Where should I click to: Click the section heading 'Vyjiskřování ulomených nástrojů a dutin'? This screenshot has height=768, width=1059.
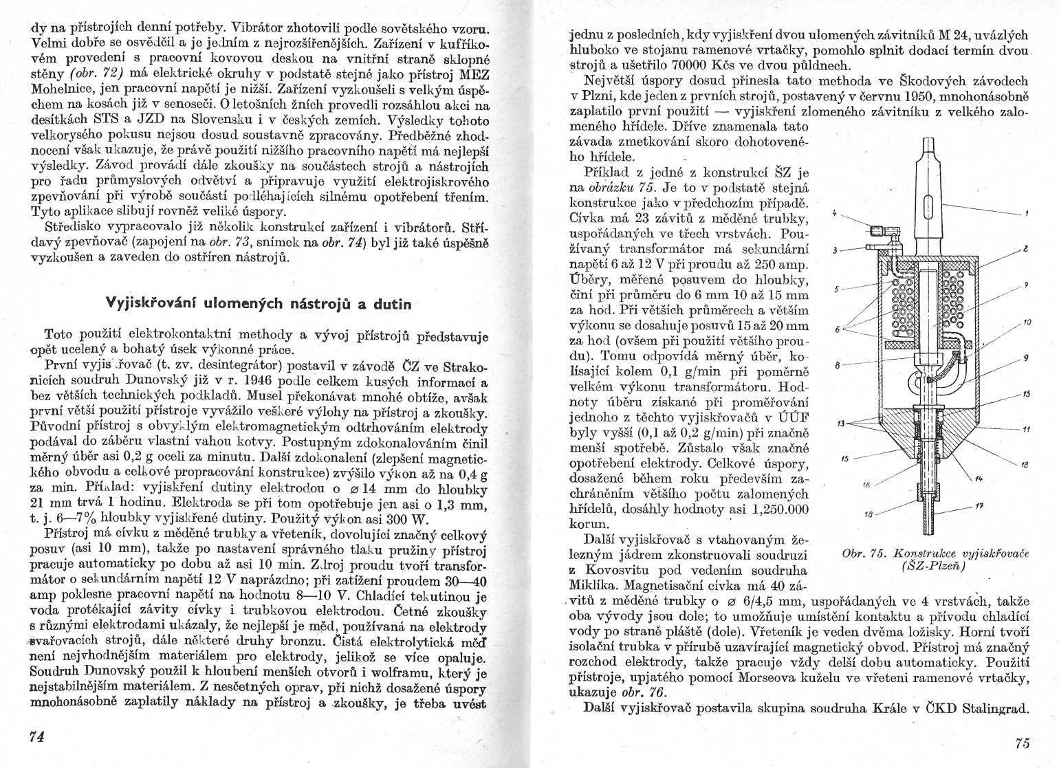[x=259, y=303]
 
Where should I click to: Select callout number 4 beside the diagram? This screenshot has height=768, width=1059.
[x=833, y=213]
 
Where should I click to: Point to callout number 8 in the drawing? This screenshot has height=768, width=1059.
[x=836, y=366]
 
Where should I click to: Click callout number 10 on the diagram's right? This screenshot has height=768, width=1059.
[x=1027, y=322]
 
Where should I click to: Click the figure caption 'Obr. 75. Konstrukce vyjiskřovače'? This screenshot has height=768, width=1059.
[x=935, y=555]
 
